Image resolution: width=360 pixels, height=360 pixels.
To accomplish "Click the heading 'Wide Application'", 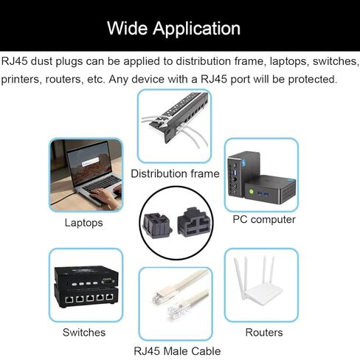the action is (173, 28).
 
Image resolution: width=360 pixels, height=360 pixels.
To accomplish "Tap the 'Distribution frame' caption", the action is (175, 173).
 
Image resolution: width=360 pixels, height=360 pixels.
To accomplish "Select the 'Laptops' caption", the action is (83, 223).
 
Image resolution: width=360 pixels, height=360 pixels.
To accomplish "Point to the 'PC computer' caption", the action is (264, 220).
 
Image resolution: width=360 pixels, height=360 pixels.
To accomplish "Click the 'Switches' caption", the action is (84, 333).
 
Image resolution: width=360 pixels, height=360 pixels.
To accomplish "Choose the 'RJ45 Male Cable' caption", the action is (177, 351).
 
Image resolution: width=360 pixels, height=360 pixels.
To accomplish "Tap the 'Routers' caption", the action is (264, 333).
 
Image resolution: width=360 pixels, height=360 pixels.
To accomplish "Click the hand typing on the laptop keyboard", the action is (103, 196).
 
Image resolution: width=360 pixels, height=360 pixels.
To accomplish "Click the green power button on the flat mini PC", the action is (251, 191).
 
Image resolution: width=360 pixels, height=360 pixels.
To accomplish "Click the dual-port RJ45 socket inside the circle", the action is (194, 222).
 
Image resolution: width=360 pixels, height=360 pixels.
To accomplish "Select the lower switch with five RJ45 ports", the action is (86, 296).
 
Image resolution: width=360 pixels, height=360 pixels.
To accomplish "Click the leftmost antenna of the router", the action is (239, 278).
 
